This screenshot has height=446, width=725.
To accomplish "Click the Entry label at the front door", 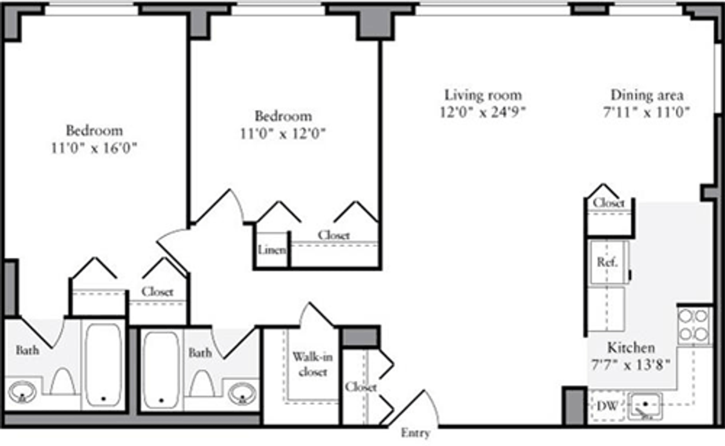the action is [x=415, y=433].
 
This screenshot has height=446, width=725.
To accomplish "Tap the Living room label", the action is [x=483, y=95].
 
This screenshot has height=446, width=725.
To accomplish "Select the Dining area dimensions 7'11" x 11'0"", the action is [x=646, y=112].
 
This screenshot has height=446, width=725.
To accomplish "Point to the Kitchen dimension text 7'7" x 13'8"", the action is [x=631, y=365].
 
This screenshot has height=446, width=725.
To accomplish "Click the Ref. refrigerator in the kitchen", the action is [x=608, y=263].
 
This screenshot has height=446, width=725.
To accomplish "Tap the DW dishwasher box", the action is [x=607, y=406].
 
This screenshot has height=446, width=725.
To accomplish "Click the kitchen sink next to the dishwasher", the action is [x=645, y=406].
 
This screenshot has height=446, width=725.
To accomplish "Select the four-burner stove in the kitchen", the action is [x=694, y=325].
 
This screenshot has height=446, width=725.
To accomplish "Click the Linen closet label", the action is [x=272, y=250].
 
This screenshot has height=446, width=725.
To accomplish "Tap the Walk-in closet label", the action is [x=312, y=365].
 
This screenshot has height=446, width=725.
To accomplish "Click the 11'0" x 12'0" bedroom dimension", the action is [x=283, y=133].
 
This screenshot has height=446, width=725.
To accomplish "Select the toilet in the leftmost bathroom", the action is [x=62, y=381].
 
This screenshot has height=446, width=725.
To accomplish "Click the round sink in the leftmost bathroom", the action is [x=22, y=392].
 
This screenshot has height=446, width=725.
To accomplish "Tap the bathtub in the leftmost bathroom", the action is [x=103, y=365].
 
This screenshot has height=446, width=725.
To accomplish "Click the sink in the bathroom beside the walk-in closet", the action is [x=242, y=393].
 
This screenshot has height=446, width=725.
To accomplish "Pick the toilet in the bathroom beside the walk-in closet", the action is [x=202, y=384].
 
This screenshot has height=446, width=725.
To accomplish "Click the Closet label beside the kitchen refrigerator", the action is [x=608, y=203].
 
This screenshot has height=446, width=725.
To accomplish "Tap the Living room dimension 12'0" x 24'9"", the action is [x=483, y=112].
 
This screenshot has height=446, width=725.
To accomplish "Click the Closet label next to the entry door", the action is [x=361, y=387].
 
